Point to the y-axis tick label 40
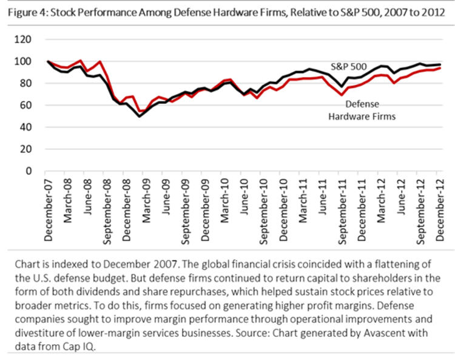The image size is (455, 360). point(26,127)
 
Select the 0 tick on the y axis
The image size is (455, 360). point(29,171)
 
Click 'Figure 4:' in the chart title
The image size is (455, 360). point(27,11)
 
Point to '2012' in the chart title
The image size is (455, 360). point(436,11)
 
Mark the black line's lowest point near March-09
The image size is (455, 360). point(140,116)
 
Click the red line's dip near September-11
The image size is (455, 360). point(342,95)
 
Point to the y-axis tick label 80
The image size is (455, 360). point(26,83)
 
